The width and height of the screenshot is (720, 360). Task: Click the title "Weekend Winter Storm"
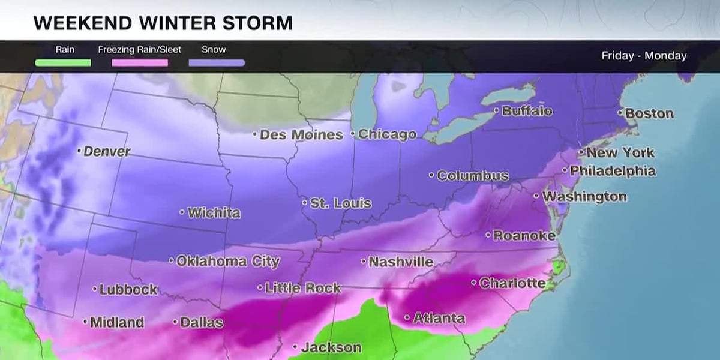(163, 23)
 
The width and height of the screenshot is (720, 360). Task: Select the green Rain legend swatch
(63, 62)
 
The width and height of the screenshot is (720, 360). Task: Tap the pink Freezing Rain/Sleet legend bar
(140, 62)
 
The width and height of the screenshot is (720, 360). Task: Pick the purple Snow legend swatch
(217, 62)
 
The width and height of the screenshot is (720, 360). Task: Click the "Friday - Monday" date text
(644, 56)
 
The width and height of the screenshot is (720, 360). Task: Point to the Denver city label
(106, 152)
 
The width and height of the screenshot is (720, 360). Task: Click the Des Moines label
(301, 135)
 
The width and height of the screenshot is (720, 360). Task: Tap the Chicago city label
(387, 135)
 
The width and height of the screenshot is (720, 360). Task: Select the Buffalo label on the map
(527, 111)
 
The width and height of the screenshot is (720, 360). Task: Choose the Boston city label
(649, 113)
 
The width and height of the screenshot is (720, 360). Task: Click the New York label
(620, 153)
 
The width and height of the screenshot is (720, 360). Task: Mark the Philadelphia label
(613, 171)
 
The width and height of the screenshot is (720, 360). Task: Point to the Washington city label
(584, 197)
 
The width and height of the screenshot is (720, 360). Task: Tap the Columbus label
(472, 176)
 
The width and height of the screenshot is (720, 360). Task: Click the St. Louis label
(340, 203)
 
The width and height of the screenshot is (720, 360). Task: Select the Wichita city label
(214, 213)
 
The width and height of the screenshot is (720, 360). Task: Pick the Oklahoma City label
(228, 262)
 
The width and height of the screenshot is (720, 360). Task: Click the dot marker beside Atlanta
(407, 318)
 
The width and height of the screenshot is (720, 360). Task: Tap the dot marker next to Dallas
(176, 322)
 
